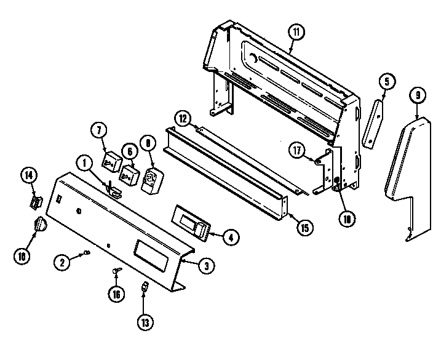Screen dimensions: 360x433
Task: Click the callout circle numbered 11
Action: click(295, 32)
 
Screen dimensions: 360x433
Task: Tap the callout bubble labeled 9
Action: click(418, 95)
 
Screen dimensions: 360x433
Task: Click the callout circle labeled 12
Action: click(183, 118)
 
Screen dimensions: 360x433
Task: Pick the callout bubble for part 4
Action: click(229, 237)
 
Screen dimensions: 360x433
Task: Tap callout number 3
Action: click(206, 265)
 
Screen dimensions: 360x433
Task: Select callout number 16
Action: click(115, 294)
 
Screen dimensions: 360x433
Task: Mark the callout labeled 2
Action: click(62, 262)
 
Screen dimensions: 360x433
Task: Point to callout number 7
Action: click(98, 130)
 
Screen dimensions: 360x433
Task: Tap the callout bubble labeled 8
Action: click(148, 143)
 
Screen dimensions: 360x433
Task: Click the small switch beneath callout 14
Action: click(36, 201)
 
